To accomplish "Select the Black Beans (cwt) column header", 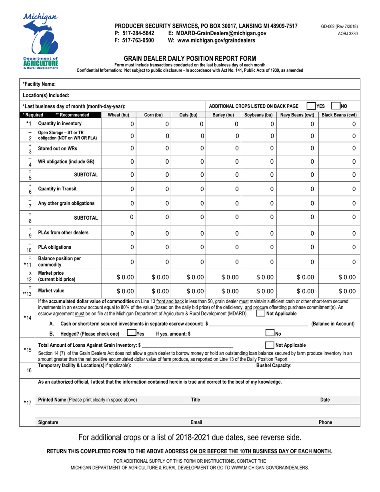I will tap(339, 115).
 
